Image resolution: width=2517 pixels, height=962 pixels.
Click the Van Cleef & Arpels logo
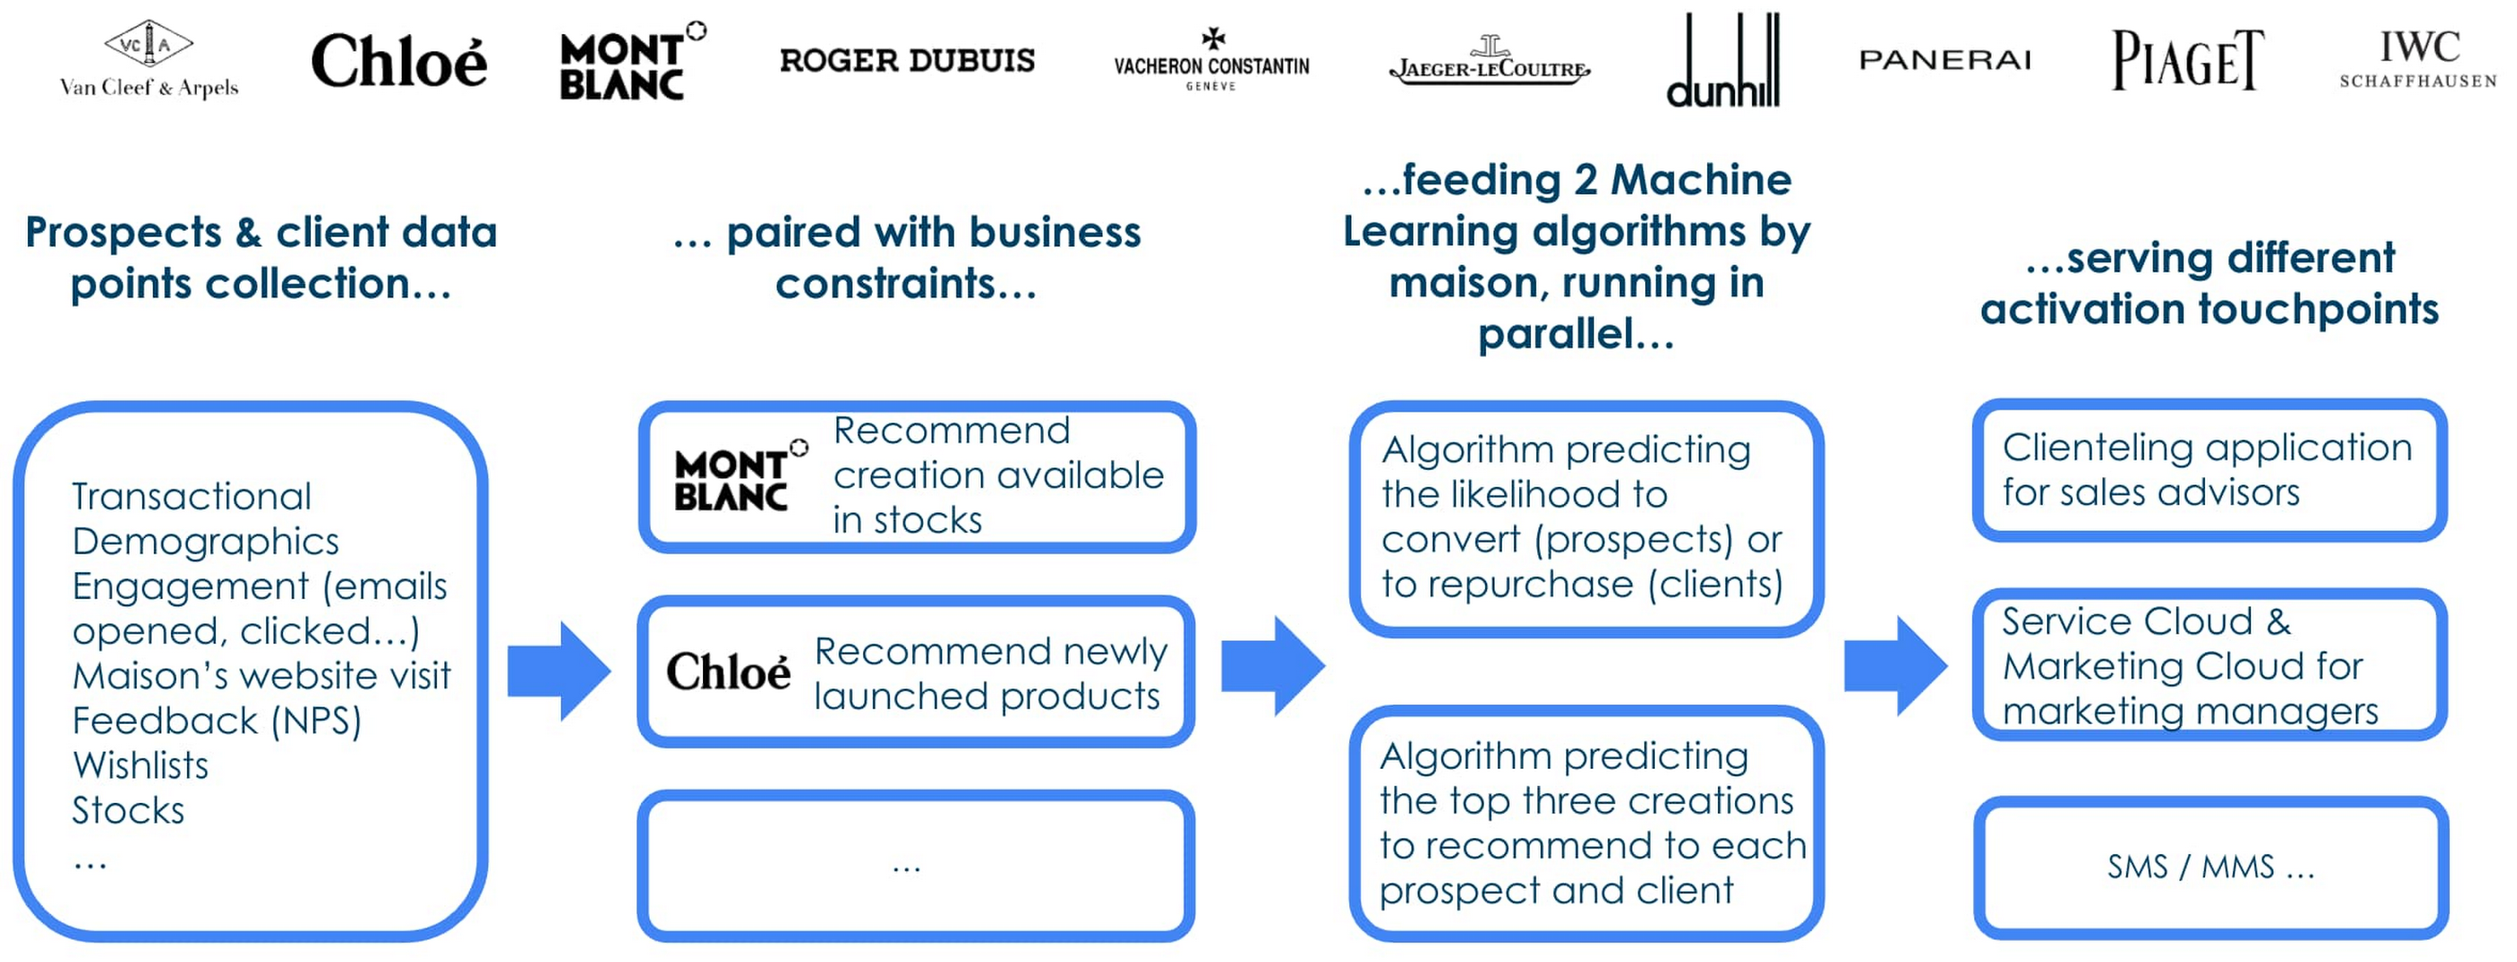click(x=148, y=60)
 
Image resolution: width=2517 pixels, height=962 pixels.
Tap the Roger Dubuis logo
click(x=907, y=60)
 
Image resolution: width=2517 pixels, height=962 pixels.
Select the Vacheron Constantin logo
click(x=1212, y=60)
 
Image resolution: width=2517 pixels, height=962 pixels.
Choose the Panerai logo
click(x=1944, y=60)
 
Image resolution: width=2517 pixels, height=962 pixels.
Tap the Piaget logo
click(x=2187, y=60)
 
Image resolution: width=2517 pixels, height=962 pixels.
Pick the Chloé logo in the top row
click(x=398, y=60)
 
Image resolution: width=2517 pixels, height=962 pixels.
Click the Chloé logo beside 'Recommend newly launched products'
click(x=728, y=672)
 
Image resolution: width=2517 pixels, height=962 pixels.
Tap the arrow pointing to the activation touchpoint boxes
click(x=1895, y=666)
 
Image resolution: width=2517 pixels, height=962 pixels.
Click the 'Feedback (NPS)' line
click(x=217, y=720)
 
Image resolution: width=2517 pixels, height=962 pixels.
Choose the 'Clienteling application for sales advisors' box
click(x=2210, y=471)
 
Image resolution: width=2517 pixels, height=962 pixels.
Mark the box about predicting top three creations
click(x=1586, y=823)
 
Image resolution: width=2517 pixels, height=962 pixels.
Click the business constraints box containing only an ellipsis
click(x=915, y=865)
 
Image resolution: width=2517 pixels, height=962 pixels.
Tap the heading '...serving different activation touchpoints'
click(x=2210, y=283)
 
